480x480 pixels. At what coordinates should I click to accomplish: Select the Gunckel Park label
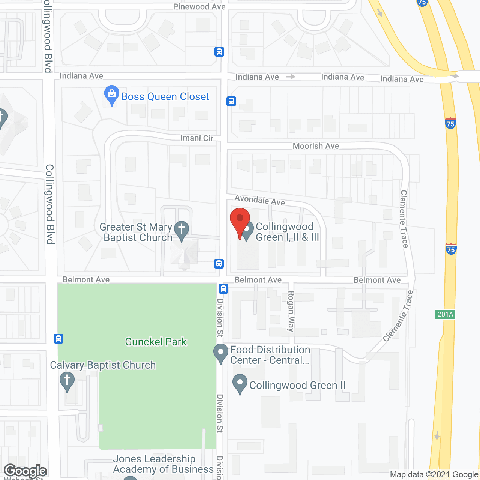(156, 342)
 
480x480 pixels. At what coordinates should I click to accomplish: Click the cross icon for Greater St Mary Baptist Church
(181, 229)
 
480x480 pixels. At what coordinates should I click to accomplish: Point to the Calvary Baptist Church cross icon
(67, 381)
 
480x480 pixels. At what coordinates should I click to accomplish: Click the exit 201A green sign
(445, 314)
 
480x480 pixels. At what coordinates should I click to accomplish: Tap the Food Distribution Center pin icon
(221, 353)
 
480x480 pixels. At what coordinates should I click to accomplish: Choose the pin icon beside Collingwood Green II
(240, 383)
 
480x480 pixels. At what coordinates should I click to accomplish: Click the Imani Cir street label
(197, 138)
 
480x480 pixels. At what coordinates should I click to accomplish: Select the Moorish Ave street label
(316, 146)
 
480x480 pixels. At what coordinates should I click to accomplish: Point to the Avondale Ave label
(260, 200)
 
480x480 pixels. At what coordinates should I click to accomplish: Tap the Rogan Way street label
(291, 311)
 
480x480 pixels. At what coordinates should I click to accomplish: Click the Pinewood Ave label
(199, 7)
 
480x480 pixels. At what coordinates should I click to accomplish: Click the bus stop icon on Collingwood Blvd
(58, 339)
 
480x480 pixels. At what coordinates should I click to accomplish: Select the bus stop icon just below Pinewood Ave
(219, 52)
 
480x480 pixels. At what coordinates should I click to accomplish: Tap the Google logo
(25, 471)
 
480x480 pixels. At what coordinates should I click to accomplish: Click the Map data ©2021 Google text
(434, 475)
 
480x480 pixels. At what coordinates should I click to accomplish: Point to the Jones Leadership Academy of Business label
(163, 464)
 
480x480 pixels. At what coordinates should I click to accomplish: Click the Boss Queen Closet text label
(165, 96)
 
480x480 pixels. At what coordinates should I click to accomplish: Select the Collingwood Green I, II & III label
(287, 232)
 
